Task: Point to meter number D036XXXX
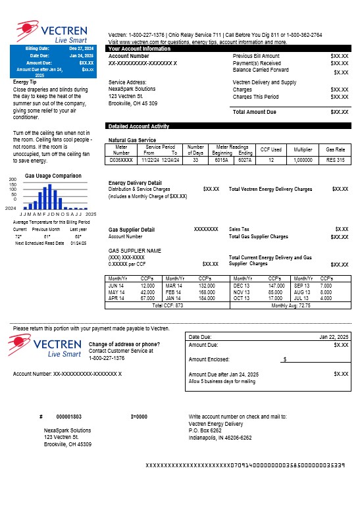[121, 160]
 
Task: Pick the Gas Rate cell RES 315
[335, 160]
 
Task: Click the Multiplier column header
[303, 150]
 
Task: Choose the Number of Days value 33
[195, 160]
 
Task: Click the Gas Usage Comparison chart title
[53, 176]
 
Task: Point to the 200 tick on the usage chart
[12, 180]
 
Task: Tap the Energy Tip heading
[26, 82]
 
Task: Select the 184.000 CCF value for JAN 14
[207, 297]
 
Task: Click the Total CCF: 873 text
[167, 305]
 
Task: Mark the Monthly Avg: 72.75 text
[291, 305]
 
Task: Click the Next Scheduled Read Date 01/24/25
[78, 243]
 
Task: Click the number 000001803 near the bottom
[69, 417]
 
